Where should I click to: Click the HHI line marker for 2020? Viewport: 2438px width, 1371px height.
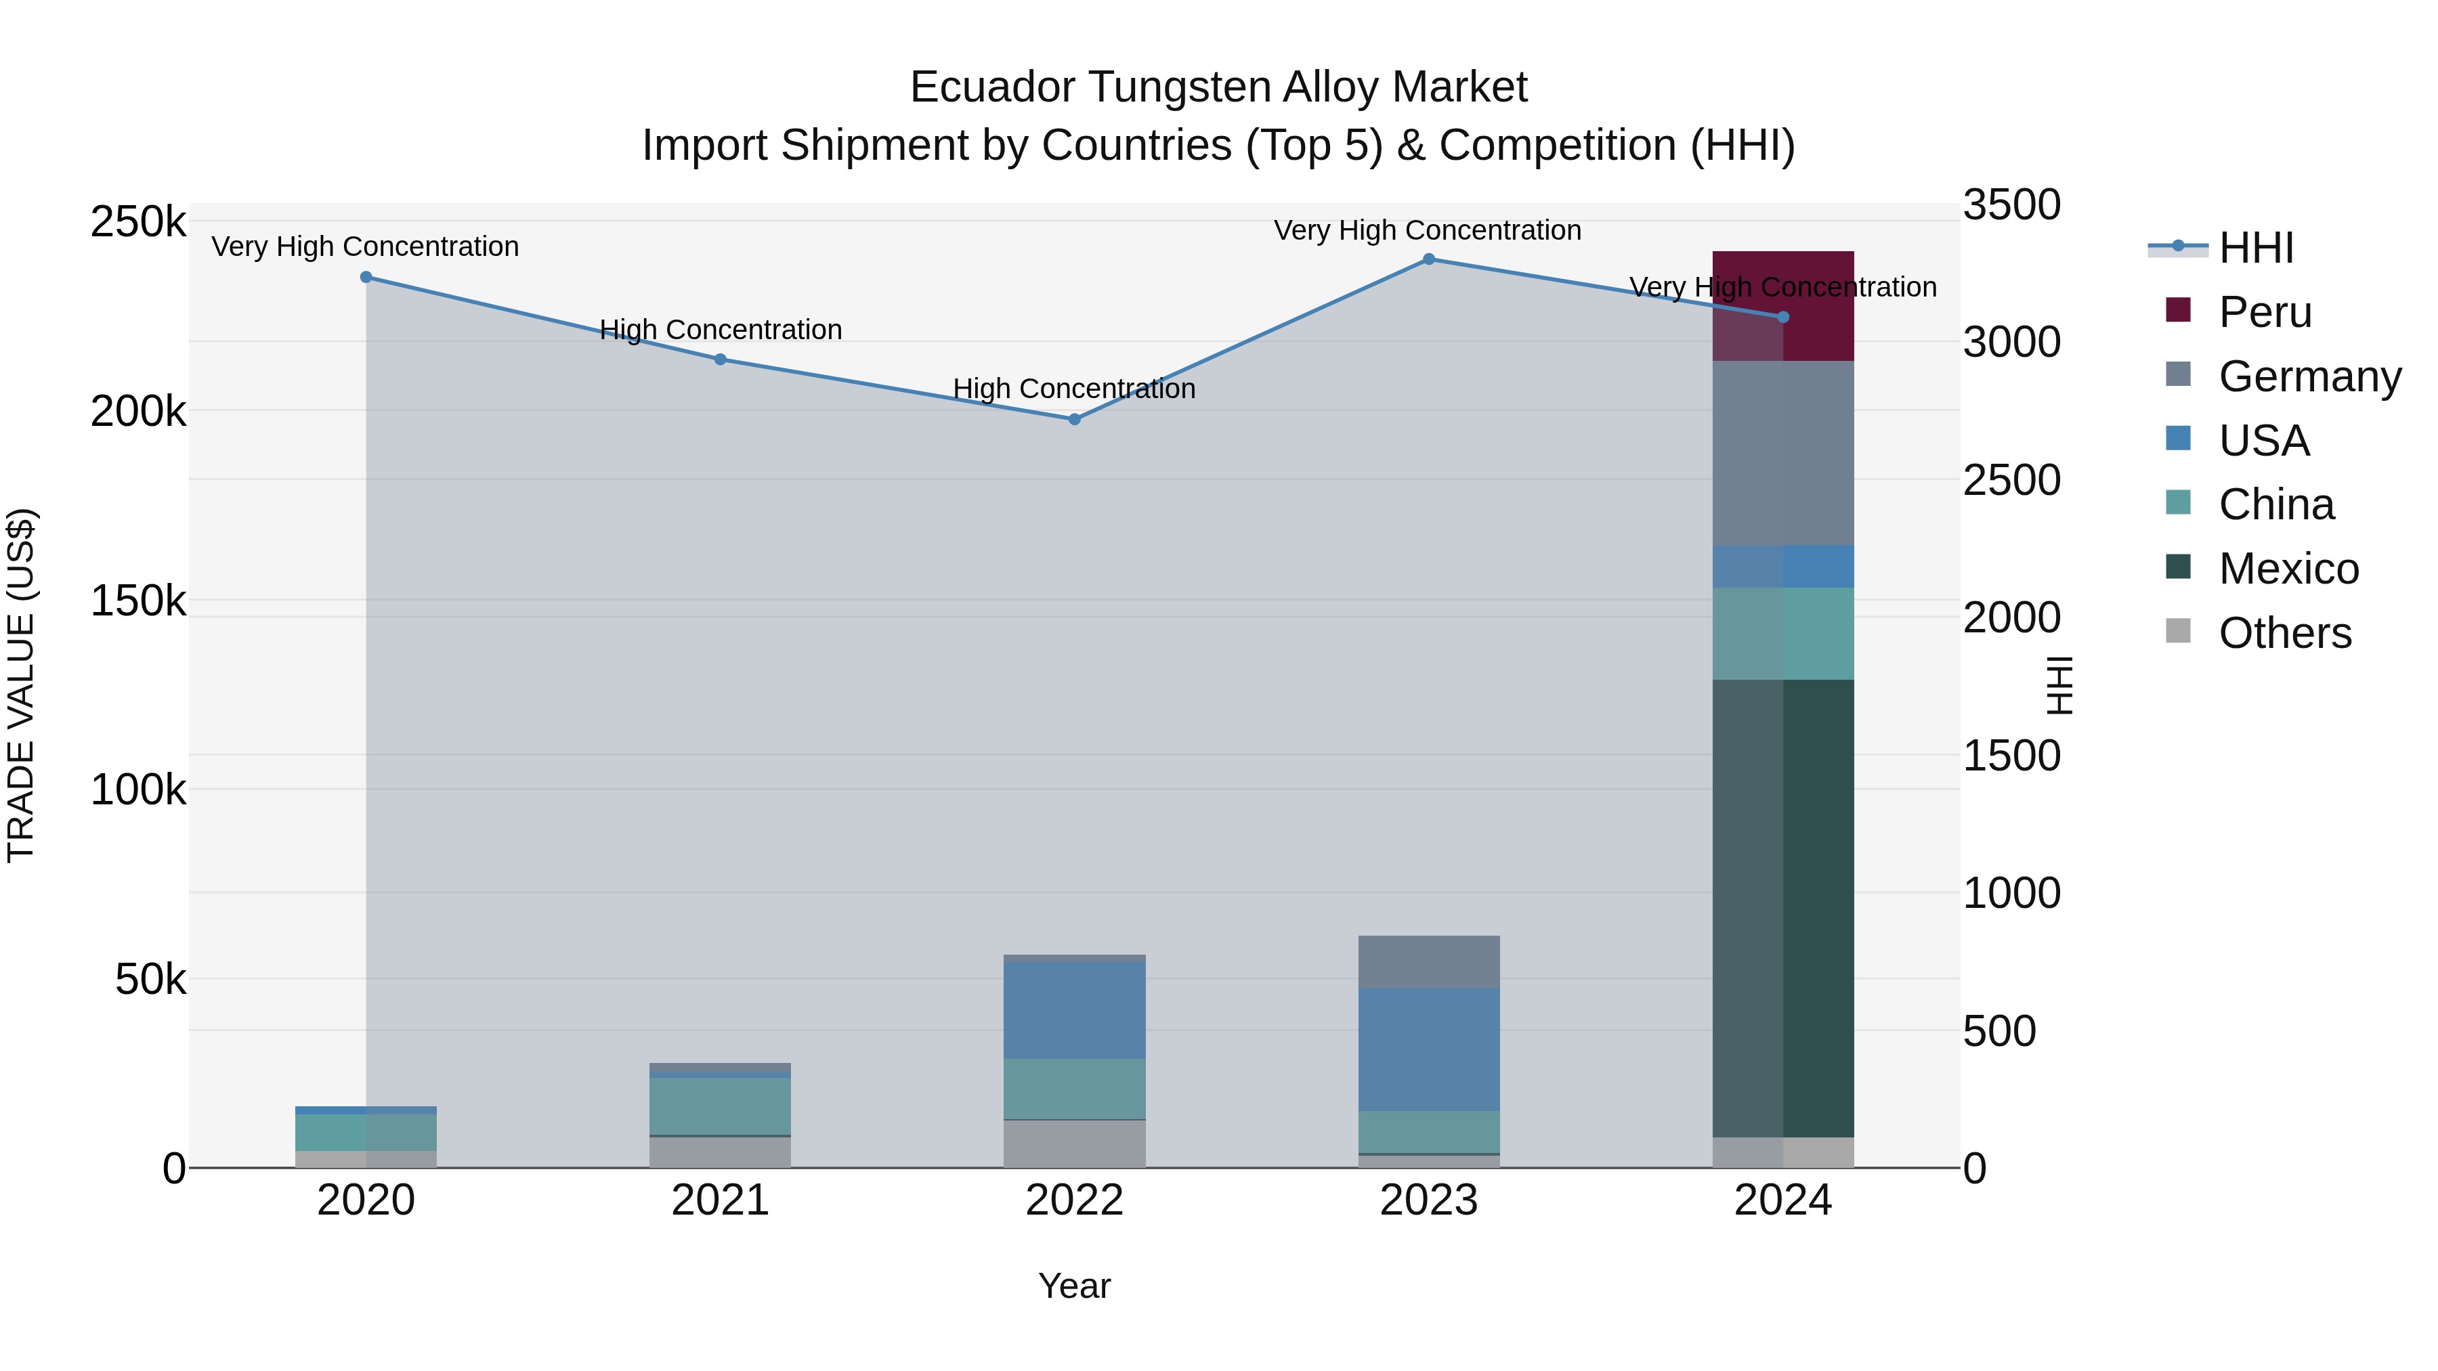pyautogui.click(x=366, y=277)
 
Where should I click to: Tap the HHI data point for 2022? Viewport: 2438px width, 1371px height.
pyautogui.click(x=1074, y=419)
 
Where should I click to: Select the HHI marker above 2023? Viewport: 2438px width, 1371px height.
pyautogui.click(x=1429, y=259)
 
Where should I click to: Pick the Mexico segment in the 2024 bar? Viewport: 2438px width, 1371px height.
pyautogui.click(x=1783, y=909)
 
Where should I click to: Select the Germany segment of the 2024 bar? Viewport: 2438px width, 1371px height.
pyautogui.click(x=1783, y=452)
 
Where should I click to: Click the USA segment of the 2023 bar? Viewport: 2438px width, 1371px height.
pyautogui.click(x=1429, y=1049)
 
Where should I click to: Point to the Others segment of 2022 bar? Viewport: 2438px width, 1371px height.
pyautogui.click(x=1074, y=1144)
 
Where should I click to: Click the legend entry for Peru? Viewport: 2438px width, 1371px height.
pyautogui.click(x=2265, y=312)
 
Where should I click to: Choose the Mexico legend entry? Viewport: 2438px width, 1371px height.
pyautogui.click(x=2288, y=569)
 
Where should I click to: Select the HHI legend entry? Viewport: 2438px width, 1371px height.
pyautogui.click(x=2257, y=248)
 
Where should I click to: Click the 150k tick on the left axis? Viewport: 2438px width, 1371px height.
pyautogui.click(x=138, y=601)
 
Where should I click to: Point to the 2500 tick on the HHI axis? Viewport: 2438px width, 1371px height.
pyautogui.click(x=2011, y=481)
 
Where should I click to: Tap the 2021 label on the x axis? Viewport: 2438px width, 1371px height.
pyautogui.click(x=721, y=1200)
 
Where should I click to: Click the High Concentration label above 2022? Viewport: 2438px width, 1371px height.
pyautogui.click(x=1074, y=389)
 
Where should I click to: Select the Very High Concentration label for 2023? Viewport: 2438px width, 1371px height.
pyautogui.click(x=1427, y=230)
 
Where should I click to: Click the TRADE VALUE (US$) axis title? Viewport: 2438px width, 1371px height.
pyautogui.click(x=21, y=685)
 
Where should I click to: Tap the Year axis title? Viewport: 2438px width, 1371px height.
pyautogui.click(x=1074, y=1286)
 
